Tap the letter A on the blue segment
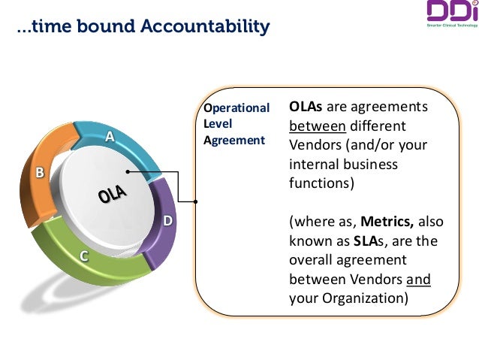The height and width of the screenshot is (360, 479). (110, 137)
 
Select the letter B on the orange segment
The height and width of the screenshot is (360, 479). (41, 173)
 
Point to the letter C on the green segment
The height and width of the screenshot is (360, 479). (85, 256)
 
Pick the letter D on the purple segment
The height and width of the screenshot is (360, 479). (168, 221)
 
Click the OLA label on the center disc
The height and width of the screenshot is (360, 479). (112, 196)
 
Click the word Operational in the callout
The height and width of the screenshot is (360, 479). (236, 107)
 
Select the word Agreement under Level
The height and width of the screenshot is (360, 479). (234, 140)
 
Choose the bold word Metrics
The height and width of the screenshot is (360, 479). (387, 222)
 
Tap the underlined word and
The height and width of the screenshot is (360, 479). (419, 280)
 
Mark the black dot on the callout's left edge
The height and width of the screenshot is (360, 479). (195, 201)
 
